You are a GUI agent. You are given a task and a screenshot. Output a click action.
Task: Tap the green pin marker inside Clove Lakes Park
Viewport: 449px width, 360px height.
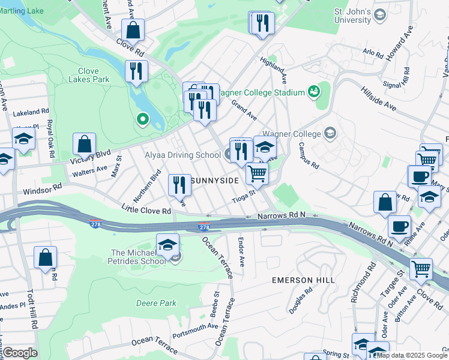coord(142,120)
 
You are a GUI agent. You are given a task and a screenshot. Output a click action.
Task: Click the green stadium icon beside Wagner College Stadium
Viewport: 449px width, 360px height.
coord(313,92)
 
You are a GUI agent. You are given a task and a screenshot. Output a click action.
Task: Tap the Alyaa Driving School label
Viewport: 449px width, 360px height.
coord(182,155)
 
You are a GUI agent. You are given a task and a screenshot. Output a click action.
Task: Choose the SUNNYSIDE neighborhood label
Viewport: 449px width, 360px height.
coord(214,180)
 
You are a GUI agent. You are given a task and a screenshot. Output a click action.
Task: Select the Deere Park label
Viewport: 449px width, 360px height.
coord(156,303)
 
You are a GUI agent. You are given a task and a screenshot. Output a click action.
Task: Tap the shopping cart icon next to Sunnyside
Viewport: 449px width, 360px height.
coord(257,173)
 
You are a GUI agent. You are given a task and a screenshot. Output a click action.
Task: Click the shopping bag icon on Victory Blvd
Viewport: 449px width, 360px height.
coord(85,144)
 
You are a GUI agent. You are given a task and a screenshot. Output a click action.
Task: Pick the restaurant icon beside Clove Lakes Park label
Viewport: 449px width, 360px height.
coord(136,71)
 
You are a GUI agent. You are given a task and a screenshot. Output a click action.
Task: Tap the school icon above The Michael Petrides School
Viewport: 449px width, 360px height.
coord(167,244)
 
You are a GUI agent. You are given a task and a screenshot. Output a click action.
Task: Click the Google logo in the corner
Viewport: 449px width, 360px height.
coord(20,352)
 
